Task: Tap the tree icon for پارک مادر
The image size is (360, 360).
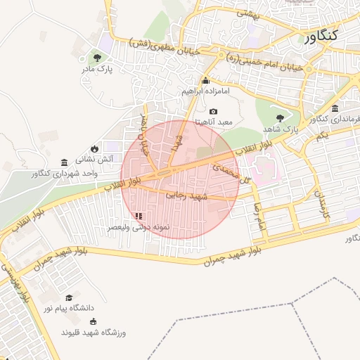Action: (97, 58)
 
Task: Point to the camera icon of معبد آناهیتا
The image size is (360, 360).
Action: (214, 111)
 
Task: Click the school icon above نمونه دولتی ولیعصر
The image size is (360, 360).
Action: (139, 216)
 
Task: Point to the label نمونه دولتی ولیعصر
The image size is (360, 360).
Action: (139, 228)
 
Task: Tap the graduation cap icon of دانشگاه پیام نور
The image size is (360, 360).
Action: (68, 297)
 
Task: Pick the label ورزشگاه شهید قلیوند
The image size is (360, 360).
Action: (94, 332)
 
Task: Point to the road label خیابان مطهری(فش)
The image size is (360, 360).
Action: (167, 47)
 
